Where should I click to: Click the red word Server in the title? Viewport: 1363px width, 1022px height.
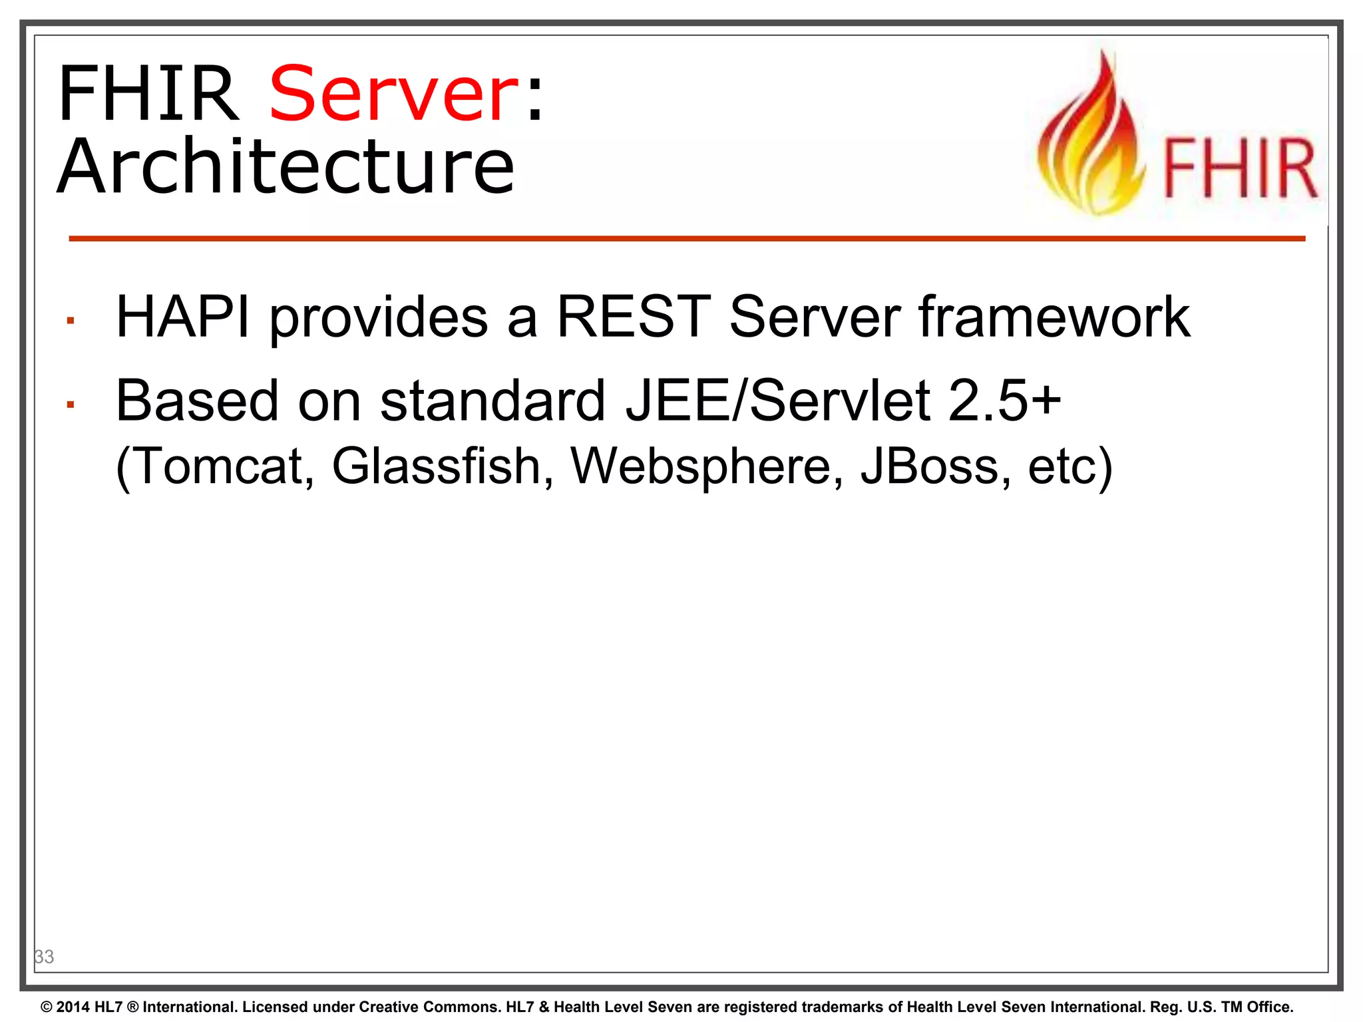pyautogui.click(x=394, y=94)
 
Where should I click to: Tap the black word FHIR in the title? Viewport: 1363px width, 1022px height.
pyautogui.click(x=148, y=94)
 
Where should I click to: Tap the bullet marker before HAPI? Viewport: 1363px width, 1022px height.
pyautogui.click(x=70, y=321)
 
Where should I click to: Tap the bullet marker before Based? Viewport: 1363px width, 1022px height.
pyautogui.click(x=70, y=405)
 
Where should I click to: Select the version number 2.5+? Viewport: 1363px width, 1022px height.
pyautogui.click(x=1004, y=401)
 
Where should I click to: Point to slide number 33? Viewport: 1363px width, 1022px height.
pyautogui.click(x=44, y=957)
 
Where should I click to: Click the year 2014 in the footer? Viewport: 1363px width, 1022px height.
pyautogui.click(x=73, y=1007)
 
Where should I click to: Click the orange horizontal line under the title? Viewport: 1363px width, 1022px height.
pyautogui.click(x=685, y=238)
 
